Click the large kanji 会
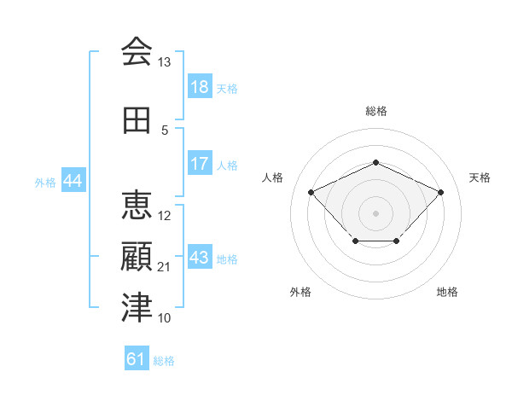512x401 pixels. (137, 51)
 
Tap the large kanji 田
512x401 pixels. (137, 120)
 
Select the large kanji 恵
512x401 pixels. (137, 205)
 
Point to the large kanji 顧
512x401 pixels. (137, 256)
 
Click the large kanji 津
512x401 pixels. (137, 307)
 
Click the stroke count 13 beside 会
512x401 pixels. (164, 62)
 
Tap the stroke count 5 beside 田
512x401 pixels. (165, 131)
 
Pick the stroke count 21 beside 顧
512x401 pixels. (164, 267)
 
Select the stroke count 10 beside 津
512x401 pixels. (164, 317)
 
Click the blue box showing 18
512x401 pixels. (200, 86)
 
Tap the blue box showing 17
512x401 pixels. (200, 163)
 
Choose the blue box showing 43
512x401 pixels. (200, 256)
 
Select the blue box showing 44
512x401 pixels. (73, 180)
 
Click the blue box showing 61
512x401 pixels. (137, 357)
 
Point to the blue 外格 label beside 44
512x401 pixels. (45, 183)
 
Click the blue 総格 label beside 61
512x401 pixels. (164, 361)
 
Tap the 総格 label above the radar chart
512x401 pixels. (376, 111)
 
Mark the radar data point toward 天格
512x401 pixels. (440, 192)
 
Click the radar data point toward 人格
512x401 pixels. (311, 192)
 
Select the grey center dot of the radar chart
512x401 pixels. (375, 213)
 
